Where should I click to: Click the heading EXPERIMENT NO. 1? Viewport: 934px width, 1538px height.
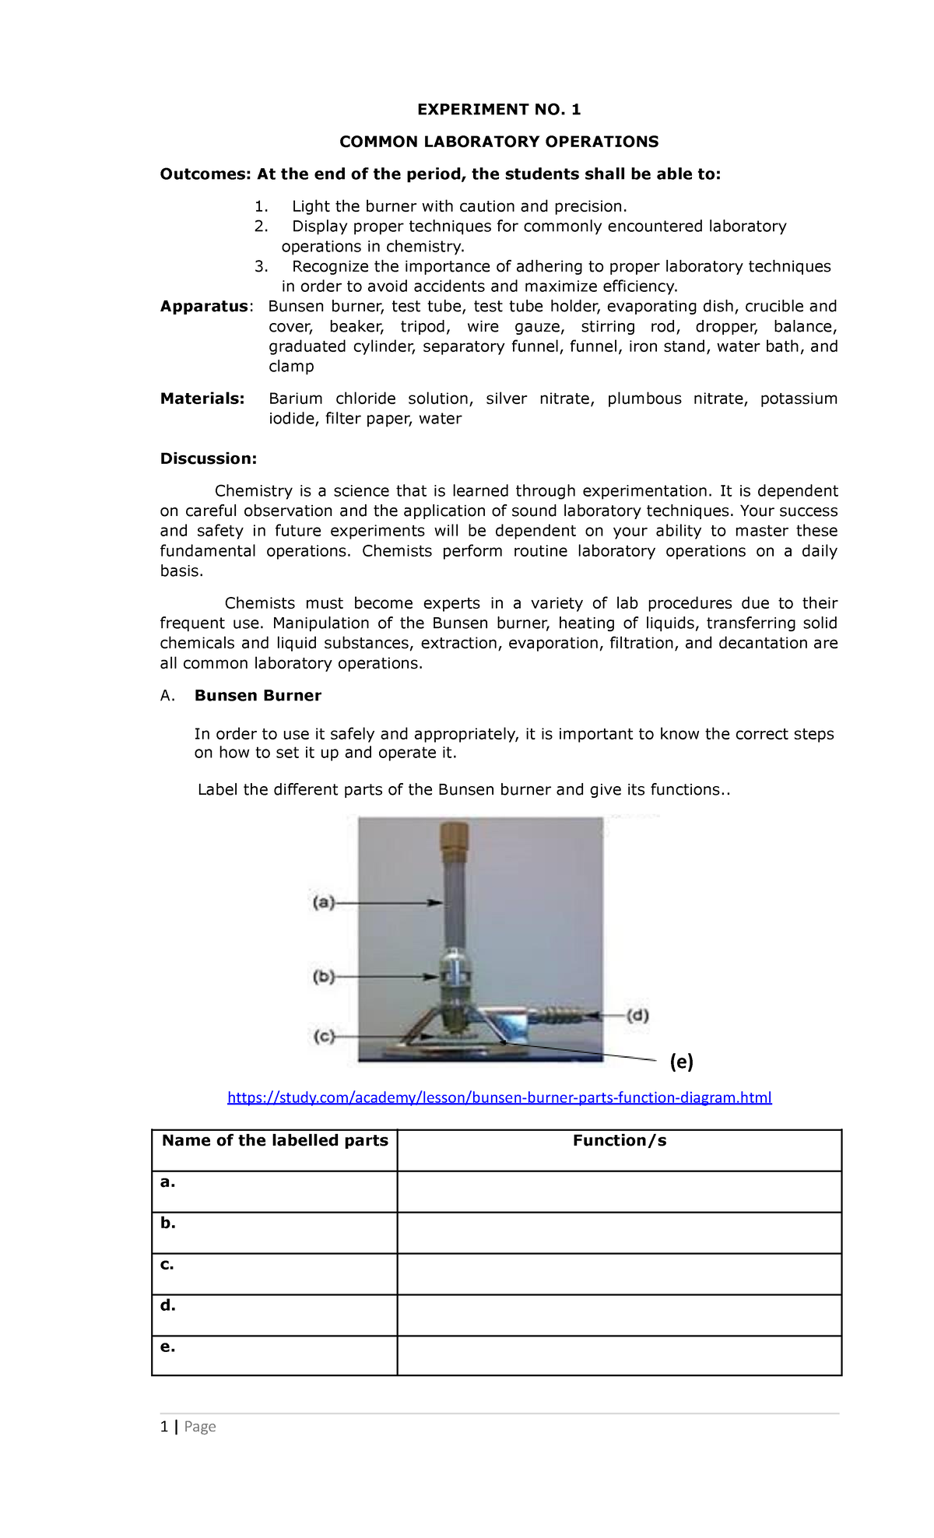point(499,110)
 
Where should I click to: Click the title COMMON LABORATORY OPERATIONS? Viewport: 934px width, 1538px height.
point(499,142)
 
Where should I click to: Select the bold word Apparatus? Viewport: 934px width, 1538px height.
point(205,307)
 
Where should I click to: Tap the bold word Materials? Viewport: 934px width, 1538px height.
point(202,399)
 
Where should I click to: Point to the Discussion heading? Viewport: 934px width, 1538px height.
point(208,458)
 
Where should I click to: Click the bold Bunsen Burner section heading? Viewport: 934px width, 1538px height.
point(258,695)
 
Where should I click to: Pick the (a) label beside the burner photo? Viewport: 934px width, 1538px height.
point(323,903)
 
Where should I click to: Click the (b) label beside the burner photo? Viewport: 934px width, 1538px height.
point(323,976)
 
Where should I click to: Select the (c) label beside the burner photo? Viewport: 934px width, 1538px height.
point(324,1037)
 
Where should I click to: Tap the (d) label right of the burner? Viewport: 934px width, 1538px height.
point(637,1015)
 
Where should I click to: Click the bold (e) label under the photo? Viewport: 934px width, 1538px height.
point(682,1061)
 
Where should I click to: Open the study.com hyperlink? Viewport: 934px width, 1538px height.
point(499,1097)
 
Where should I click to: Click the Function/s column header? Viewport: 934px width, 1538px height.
point(620,1140)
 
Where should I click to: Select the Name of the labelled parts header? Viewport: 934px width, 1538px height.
point(275,1140)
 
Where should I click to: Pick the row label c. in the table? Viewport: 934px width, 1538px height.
point(167,1264)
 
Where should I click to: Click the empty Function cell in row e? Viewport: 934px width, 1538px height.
point(620,1355)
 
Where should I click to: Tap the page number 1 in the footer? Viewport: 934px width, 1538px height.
point(164,1426)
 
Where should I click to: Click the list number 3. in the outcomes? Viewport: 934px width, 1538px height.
point(262,266)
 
